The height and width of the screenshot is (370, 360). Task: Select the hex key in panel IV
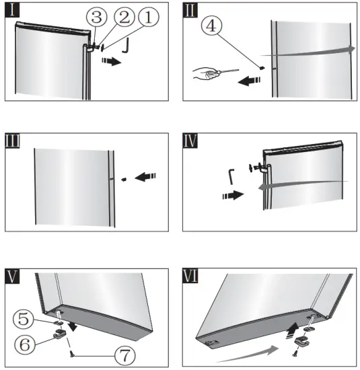pos(231,176)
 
